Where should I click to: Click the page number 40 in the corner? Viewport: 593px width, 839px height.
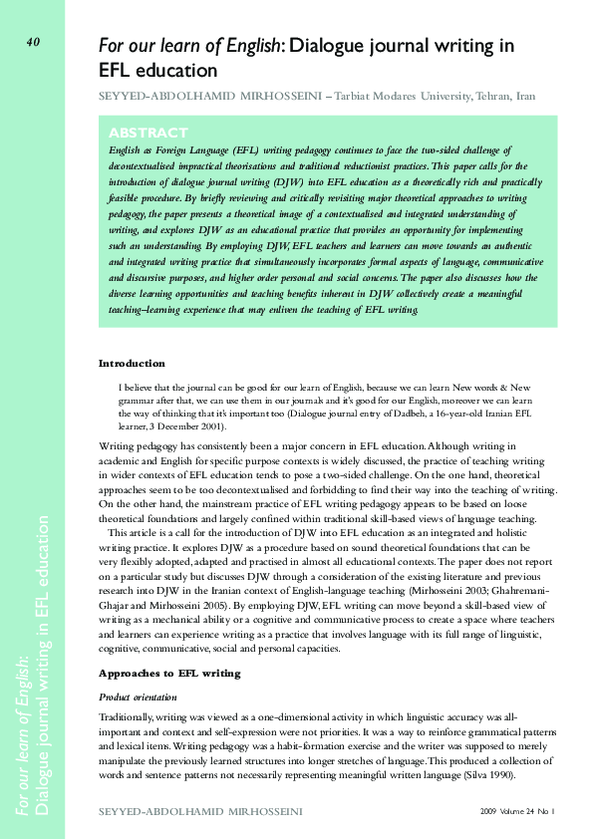33,42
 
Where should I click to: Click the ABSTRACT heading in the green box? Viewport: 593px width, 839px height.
148,133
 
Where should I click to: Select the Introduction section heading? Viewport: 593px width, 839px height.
132,363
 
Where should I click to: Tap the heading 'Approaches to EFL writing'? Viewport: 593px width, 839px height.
169,673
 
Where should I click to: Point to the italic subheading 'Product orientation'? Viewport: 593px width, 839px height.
139,696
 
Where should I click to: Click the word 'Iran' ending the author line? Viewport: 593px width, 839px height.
525,97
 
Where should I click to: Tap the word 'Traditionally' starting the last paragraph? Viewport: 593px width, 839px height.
127,716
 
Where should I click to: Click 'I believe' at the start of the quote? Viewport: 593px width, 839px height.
137,386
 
